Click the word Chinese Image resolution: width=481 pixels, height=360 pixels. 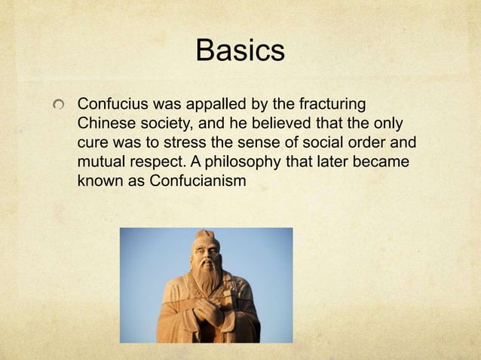[105, 122]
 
